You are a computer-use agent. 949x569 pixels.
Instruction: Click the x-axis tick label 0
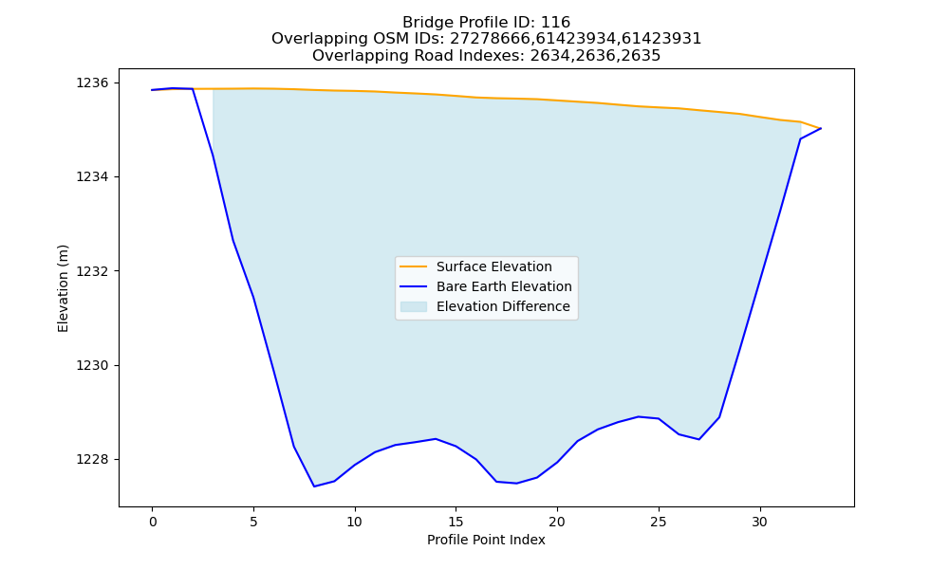tap(153, 522)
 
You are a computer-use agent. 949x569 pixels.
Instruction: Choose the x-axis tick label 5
tap(253, 522)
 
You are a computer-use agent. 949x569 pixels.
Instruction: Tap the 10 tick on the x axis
tap(355, 522)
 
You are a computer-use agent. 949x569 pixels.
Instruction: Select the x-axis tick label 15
tap(456, 522)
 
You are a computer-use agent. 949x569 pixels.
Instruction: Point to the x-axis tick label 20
tap(557, 522)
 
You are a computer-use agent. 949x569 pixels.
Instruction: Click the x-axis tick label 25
tap(659, 522)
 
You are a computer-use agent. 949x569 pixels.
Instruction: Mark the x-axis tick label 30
tap(759, 522)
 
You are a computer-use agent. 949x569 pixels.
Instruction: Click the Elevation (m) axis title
tap(63, 288)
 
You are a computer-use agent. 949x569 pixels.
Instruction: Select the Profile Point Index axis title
tap(486, 540)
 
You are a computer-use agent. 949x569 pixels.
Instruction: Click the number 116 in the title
tap(555, 23)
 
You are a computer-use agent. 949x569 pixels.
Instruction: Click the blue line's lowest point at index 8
tap(314, 486)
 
